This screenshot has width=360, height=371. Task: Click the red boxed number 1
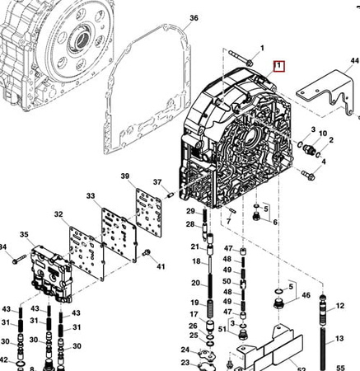[x=278, y=66]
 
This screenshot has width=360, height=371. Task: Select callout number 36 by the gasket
[x=194, y=18]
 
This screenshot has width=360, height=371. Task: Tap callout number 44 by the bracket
[x=355, y=60]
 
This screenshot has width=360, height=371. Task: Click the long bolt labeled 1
[x=241, y=59]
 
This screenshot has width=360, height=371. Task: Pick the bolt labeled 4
[x=308, y=175]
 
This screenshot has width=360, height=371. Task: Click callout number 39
[x=125, y=176]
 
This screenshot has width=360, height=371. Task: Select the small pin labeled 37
[x=171, y=195]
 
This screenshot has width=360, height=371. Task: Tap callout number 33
[x=91, y=196]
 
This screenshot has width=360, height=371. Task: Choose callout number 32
[x=58, y=214]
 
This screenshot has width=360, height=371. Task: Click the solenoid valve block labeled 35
[x=52, y=274]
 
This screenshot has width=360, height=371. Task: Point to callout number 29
[x=190, y=211]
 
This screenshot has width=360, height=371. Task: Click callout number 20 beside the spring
[x=195, y=283]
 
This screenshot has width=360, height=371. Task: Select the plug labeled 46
[x=278, y=303]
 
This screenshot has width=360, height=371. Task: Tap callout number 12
[x=340, y=306]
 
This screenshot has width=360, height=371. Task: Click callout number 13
[x=339, y=338]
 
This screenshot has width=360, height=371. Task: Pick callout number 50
[x=227, y=281]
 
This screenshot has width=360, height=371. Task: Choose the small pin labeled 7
[x=232, y=210]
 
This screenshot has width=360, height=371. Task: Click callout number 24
[x=185, y=350]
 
